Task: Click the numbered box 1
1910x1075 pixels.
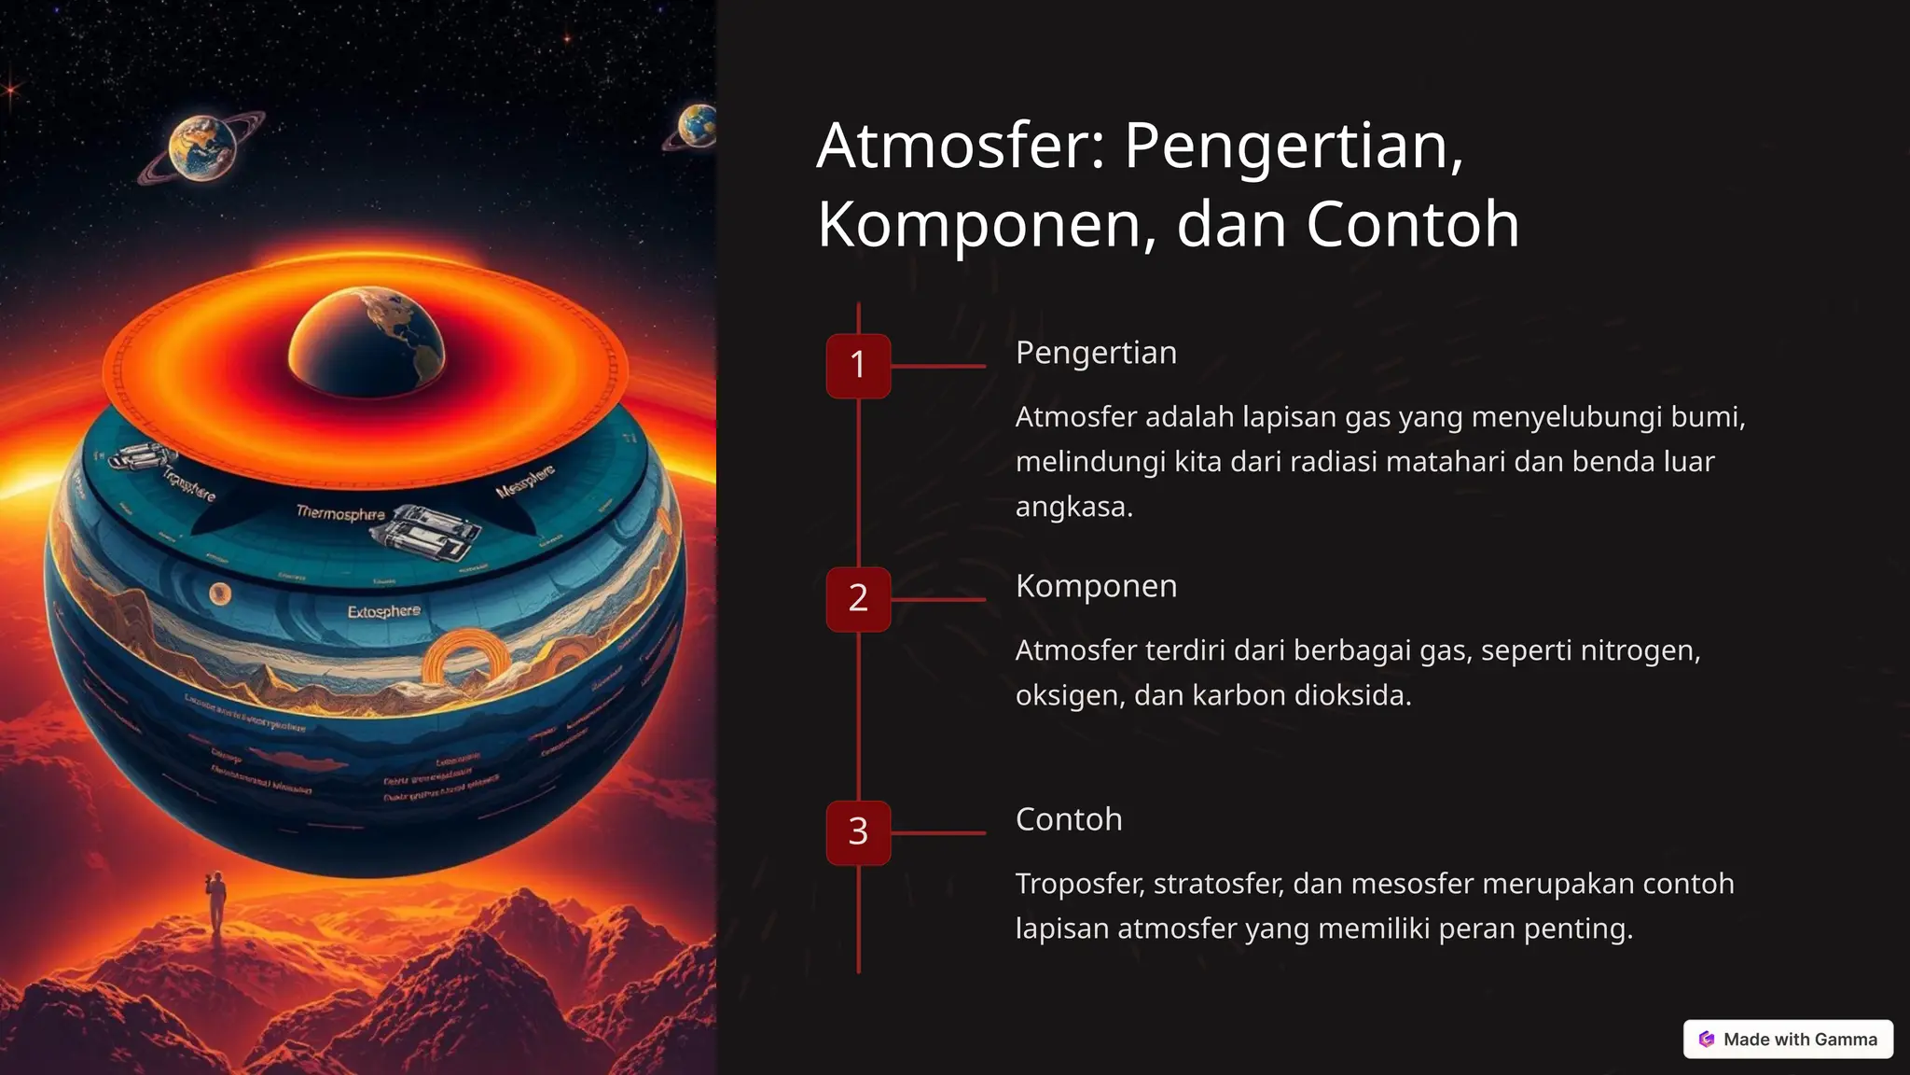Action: click(858, 366)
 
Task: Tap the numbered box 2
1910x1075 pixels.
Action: click(858, 599)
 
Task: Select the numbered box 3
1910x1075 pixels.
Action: click(858, 832)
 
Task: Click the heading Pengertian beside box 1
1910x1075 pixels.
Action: click(1096, 353)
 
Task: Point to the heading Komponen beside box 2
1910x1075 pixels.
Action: click(1096, 586)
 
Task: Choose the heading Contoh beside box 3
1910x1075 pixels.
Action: click(1069, 819)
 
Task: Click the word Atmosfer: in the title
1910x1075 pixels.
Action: click(961, 146)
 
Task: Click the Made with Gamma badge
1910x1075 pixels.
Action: click(1788, 1039)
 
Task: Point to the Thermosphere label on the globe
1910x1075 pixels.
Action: click(340, 513)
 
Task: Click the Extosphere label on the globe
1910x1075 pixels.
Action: click(383, 611)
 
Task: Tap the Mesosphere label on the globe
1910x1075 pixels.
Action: click(525, 480)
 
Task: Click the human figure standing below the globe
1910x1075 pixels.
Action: click(216, 901)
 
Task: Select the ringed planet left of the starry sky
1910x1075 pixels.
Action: click(201, 147)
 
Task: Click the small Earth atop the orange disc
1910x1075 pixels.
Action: click(367, 342)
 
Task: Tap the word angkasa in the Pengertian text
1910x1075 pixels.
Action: click(1073, 507)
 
